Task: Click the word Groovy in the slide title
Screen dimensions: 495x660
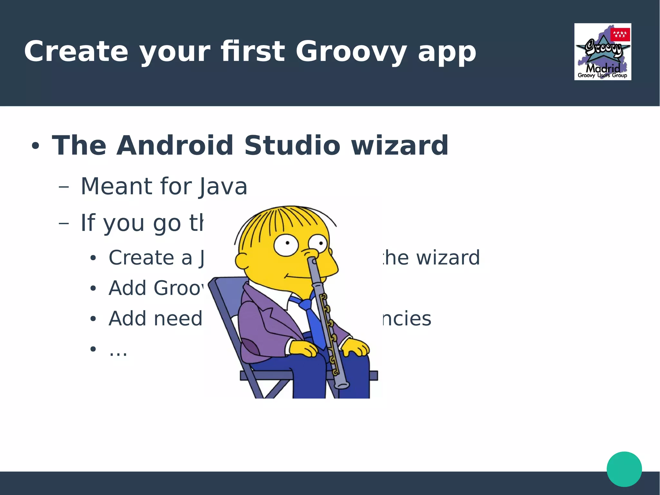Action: pos(351,52)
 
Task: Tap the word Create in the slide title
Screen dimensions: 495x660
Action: pos(76,52)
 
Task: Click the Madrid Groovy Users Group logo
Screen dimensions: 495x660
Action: pos(602,52)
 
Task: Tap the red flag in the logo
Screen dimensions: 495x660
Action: pos(620,35)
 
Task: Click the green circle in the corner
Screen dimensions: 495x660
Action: pos(624,469)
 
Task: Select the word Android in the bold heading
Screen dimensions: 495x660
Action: pos(175,145)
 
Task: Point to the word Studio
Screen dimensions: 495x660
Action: pos(292,145)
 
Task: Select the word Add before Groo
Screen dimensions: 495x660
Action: pos(128,288)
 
